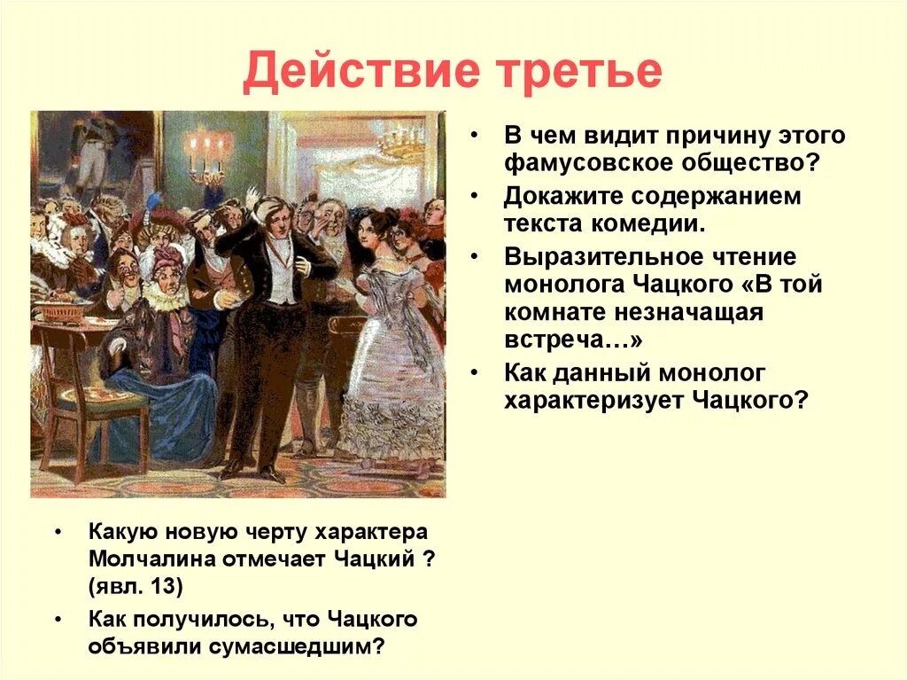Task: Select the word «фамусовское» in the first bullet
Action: [x=582, y=165]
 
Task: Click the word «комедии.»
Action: [x=656, y=223]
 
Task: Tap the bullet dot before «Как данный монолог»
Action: [x=476, y=372]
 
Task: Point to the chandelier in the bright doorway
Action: [x=403, y=142]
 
